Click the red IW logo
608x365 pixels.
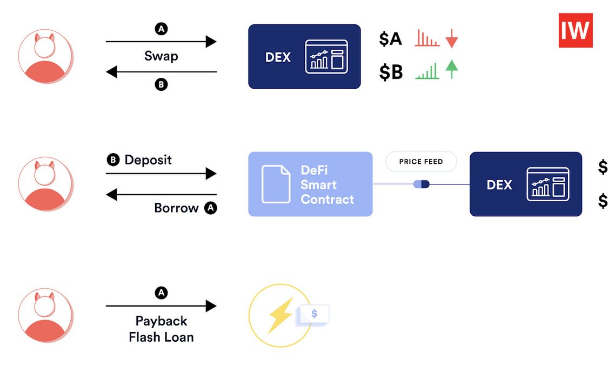pos(575,30)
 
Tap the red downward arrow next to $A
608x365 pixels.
pos(451,39)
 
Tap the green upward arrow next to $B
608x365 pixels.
pos(451,70)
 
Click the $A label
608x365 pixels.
pos(390,39)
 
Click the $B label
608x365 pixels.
pos(390,71)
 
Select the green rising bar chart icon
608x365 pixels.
pos(427,71)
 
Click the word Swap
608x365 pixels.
pos(161,56)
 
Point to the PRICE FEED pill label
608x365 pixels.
pos(420,161)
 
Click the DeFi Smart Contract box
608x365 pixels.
pos(310,184)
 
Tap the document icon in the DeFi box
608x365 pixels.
pos(276,184)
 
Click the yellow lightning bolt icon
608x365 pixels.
pos(279,315)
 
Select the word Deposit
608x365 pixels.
pos(148,160)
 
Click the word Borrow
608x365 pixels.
pos(176,208)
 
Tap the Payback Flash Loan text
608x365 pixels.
pos(161,329)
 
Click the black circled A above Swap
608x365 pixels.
pos(161,29)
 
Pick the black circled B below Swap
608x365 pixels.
pos(161,84)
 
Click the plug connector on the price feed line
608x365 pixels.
pos(421,184)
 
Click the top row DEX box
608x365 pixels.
pos(304,56)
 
